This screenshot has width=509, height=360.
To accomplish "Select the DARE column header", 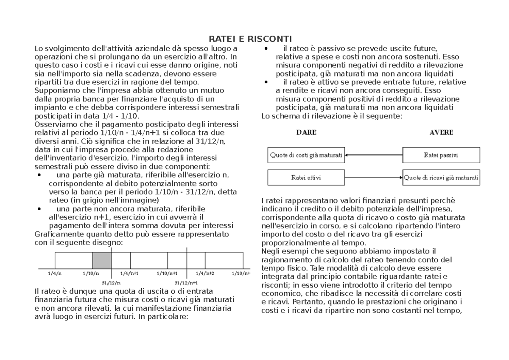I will coord(306,132).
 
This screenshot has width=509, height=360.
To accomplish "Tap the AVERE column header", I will coord(441,132).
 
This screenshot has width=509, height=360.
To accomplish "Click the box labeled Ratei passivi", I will coord(441,155).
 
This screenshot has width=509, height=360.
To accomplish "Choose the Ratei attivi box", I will coord(306,177).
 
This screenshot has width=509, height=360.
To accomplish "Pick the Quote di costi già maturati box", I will coord(306,155).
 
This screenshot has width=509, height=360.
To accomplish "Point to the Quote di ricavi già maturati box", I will coord(441,177).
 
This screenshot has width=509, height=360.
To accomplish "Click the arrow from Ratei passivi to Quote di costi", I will coord(373,155).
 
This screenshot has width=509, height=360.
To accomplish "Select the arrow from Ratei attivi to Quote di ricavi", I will coord(373,177).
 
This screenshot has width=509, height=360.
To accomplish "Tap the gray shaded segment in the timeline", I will coord(102,260).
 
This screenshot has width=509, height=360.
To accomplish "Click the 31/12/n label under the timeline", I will coord(111,282).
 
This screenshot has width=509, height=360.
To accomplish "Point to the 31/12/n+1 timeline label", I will coord(186,282).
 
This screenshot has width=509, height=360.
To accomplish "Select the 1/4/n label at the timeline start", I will coord(55,273).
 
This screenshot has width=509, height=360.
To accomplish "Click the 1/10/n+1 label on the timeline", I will coord(167,273).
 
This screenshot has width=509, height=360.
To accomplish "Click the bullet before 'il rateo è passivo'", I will coord(266,48).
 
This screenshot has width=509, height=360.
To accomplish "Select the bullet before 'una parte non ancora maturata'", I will coord(39,209).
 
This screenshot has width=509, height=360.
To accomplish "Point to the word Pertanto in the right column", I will coord(307,302).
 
